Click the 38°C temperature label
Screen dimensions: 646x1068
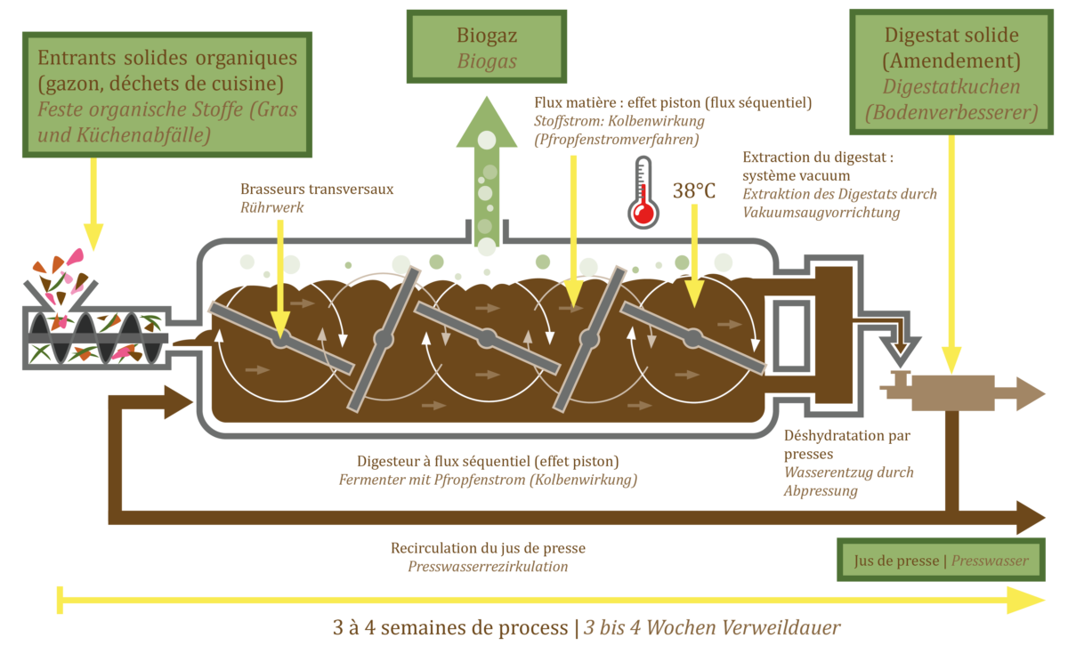[x=694, y=191]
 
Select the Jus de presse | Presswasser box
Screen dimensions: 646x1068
[x=941, y=561]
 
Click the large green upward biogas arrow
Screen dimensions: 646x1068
[x=487, y=169]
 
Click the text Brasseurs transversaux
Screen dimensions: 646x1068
[x=317, y=189]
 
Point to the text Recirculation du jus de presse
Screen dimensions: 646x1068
[x=488, y=548]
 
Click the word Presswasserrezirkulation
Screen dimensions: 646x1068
[x=488, y=566]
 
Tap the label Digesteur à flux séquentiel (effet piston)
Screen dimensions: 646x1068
[x=488, y=461]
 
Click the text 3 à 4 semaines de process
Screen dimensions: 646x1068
[x=449, y=627]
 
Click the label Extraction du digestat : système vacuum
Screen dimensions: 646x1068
[x=817, y=166]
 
